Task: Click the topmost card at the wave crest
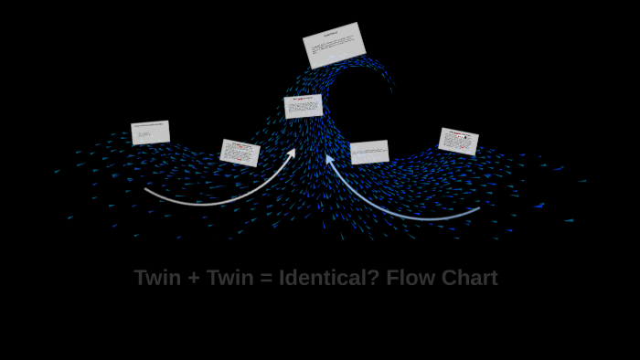pos(334,46)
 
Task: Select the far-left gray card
pos(151,132)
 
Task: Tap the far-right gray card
pos(458,142)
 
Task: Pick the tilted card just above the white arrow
pos(240,153)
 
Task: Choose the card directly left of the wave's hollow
pos(303,106)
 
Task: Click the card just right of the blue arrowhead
pos(369,152)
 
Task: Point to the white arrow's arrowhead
pos(292,153)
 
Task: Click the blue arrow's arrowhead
pos(330,159)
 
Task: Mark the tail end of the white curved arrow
pos(146,190)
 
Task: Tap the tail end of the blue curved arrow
pos(478,209)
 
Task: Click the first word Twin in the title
pos(157,278)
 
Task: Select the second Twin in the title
pos(229,278)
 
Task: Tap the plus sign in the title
pos(194,279)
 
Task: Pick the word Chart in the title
pos(469,278)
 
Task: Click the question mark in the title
pos(373,278)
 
